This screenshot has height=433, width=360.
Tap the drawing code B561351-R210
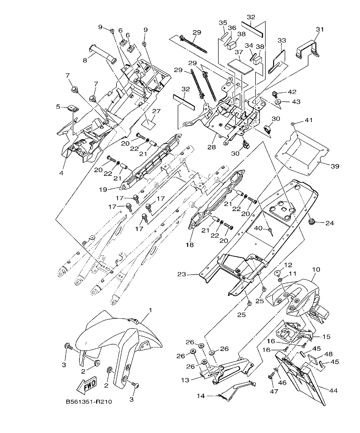point(89,402)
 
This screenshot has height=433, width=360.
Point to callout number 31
point(320,29)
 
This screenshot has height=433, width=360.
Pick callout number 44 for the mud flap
point(333,391)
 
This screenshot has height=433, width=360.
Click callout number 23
point(182,274)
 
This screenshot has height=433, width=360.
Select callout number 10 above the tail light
point(316,270)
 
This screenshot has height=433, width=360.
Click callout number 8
point(85,60)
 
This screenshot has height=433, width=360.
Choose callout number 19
point(103,189)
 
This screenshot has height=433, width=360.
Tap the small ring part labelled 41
point(292,123)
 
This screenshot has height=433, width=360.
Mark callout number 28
point(212,147)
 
